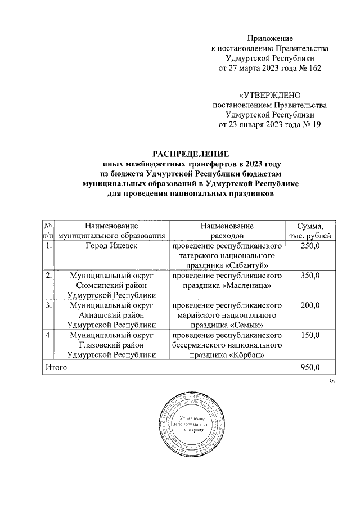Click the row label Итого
tap(56, 367)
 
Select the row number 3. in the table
tap(48, 305)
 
